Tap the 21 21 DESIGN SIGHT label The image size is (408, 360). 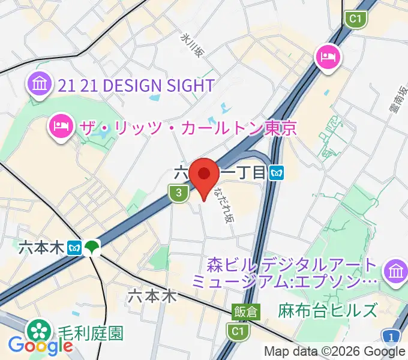point(136,85)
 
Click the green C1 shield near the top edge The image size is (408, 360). point(356,20)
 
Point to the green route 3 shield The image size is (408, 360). point(178,193)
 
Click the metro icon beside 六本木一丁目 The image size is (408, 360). point(277,173)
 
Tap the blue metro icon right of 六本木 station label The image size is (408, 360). point(75,247)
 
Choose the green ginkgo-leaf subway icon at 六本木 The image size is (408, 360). point(92,247)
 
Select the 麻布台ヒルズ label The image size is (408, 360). point(328,310)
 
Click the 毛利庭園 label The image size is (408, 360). point(91,333)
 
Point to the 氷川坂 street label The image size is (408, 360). point(193,45)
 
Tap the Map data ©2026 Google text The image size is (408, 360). point(335,352)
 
